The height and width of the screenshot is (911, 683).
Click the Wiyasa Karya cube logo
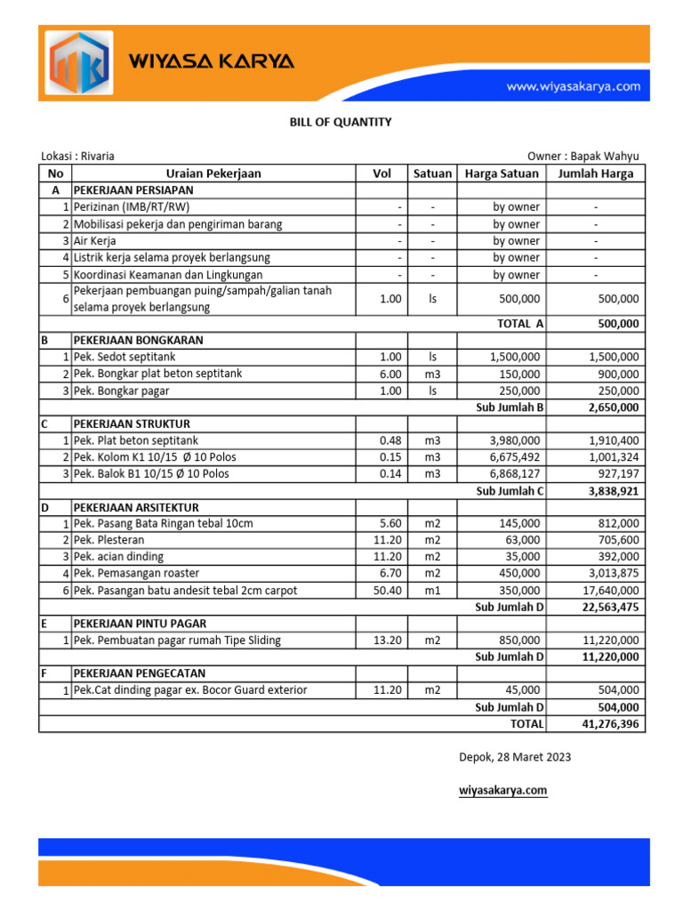click(79, 64)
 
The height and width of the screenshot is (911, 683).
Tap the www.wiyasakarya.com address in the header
click(573, 86)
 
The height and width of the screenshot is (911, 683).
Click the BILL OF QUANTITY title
click(341, 122)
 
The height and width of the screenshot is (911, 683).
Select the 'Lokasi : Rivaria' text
click(78, 156)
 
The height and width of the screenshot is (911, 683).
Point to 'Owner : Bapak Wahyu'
click(583, 156)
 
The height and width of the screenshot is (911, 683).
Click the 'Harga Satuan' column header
click(502, 173)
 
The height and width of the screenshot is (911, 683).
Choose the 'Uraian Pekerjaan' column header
click(213, 173)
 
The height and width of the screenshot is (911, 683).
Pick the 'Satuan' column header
click(432, 173)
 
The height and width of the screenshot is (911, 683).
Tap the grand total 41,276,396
click(609, 724)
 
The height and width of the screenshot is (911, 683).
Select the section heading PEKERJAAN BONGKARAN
click(138, 340)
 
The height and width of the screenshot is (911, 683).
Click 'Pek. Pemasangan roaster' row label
click(137, 573)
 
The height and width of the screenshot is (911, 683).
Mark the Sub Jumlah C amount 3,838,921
click(614, 490)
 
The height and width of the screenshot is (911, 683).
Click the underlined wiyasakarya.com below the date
click(502, 790)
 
